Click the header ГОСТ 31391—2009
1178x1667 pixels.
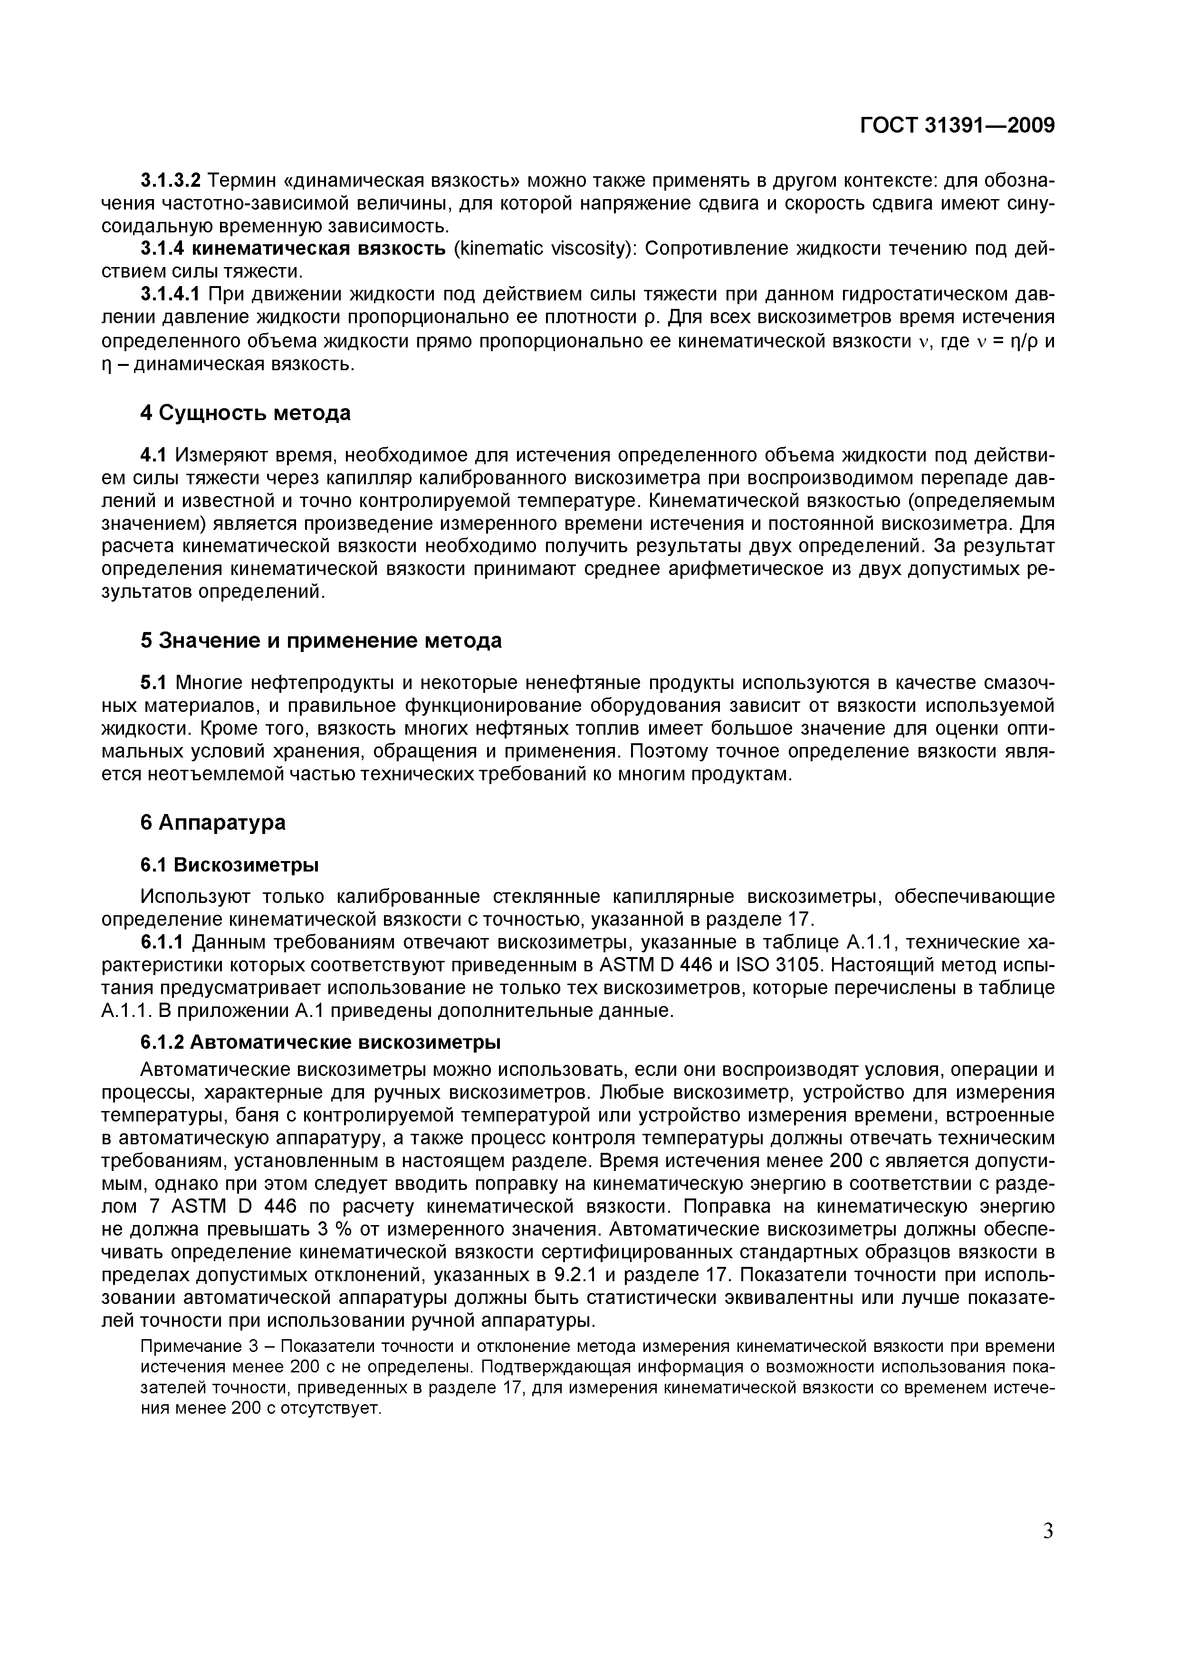click(x=957, y=125)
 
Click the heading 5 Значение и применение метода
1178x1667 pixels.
click(x=321, y=641)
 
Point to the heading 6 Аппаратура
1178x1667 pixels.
click(x=213, y=822)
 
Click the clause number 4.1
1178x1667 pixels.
click(x=153, y=455)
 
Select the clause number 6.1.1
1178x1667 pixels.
click(x=164, y=942)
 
